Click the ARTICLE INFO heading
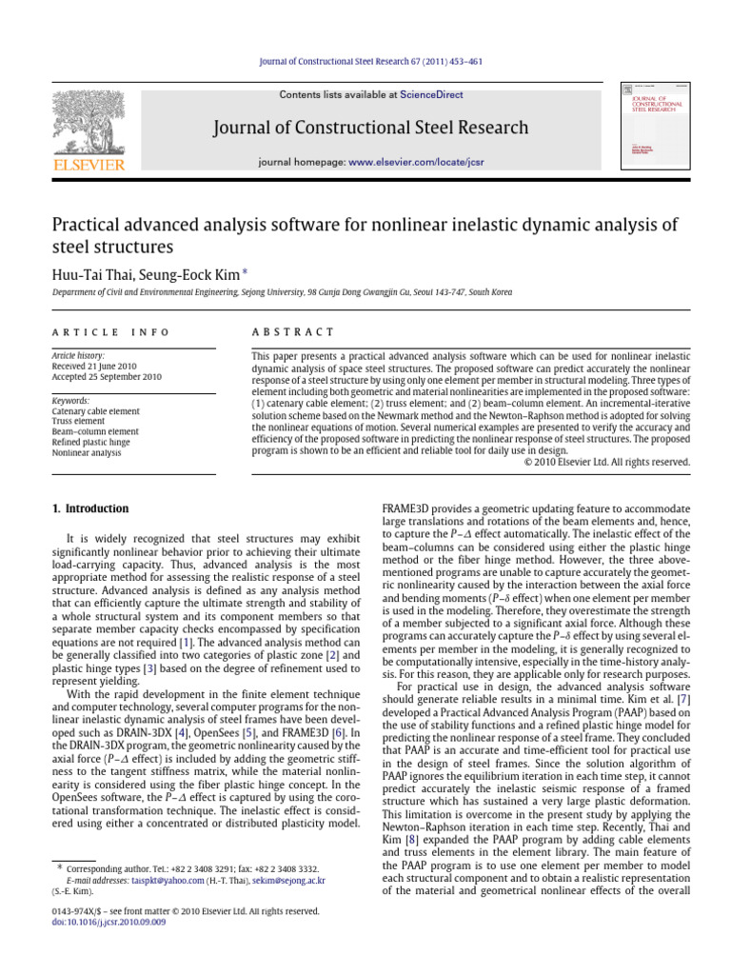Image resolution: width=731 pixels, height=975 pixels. point(110,331)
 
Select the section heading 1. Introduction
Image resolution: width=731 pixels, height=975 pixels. point(90,508)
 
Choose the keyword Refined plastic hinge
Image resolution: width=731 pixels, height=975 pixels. point(95,443)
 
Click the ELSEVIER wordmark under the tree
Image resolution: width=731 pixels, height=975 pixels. point(89,166)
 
